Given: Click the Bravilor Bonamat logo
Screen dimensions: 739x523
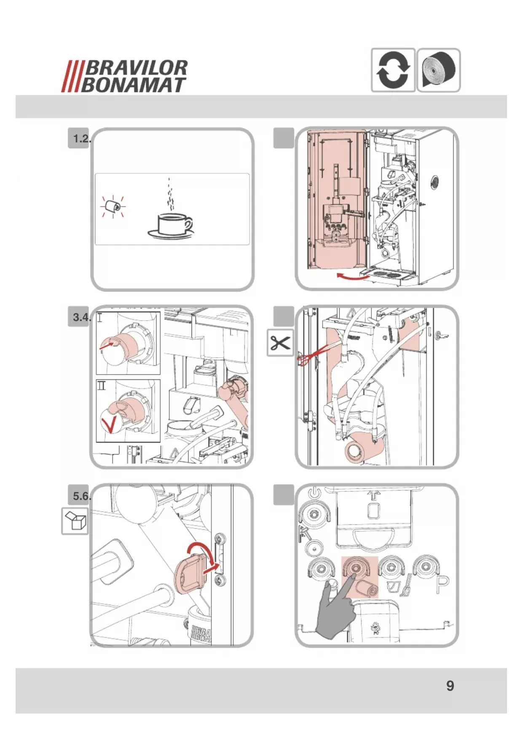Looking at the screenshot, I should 125,76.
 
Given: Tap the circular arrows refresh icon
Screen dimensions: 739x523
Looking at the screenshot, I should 393,70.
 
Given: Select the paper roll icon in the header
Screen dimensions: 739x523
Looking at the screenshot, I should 439,70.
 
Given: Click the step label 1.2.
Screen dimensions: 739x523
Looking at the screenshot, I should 81,139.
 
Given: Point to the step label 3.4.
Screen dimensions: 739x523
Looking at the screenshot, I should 81,317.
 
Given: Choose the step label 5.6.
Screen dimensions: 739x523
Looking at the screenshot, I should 81,496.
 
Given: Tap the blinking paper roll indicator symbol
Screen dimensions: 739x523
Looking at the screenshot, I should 113,206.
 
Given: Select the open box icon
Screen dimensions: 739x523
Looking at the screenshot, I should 75,521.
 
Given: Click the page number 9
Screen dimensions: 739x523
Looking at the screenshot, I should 450,685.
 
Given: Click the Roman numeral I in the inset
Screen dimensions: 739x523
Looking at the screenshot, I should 99,317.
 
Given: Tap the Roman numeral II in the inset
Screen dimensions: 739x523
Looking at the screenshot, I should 102,385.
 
